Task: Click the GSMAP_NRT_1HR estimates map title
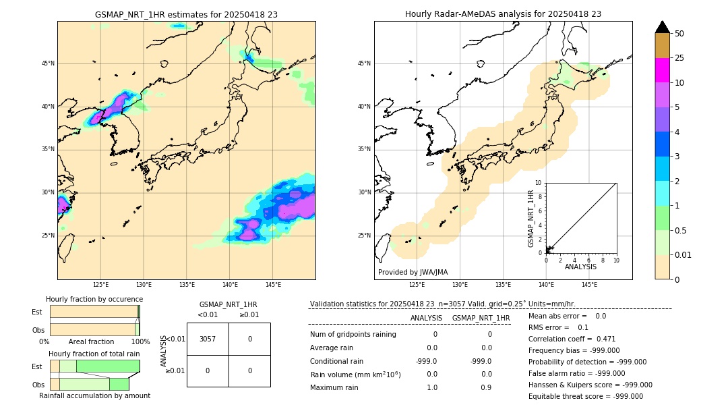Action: click(186, 14)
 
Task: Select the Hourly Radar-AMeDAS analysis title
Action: click(503, 14)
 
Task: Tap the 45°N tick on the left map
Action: click(48, 63)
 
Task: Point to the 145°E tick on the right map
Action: click(590, 285)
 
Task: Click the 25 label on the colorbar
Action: click(680, 58)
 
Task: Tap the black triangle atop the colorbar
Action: click(663, 27)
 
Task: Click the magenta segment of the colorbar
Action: click(663, 70)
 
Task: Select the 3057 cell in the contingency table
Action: click(208, 339)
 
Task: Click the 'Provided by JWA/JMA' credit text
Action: click(413, 273)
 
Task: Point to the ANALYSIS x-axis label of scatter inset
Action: click(580, 267)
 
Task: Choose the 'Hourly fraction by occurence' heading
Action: click(94, 299)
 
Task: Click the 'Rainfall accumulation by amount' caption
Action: click(94, 395)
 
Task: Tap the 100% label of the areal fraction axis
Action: click(140, 342)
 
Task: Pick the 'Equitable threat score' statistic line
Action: click(585, 396)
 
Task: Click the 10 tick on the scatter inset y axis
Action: click(539, 182)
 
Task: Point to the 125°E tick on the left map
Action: click(101, 285)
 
